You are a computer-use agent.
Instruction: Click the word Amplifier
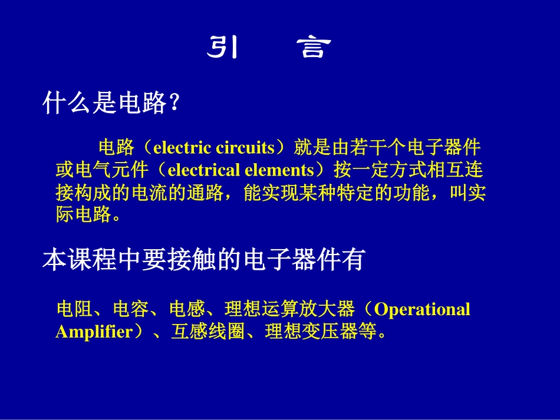point(94,332)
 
